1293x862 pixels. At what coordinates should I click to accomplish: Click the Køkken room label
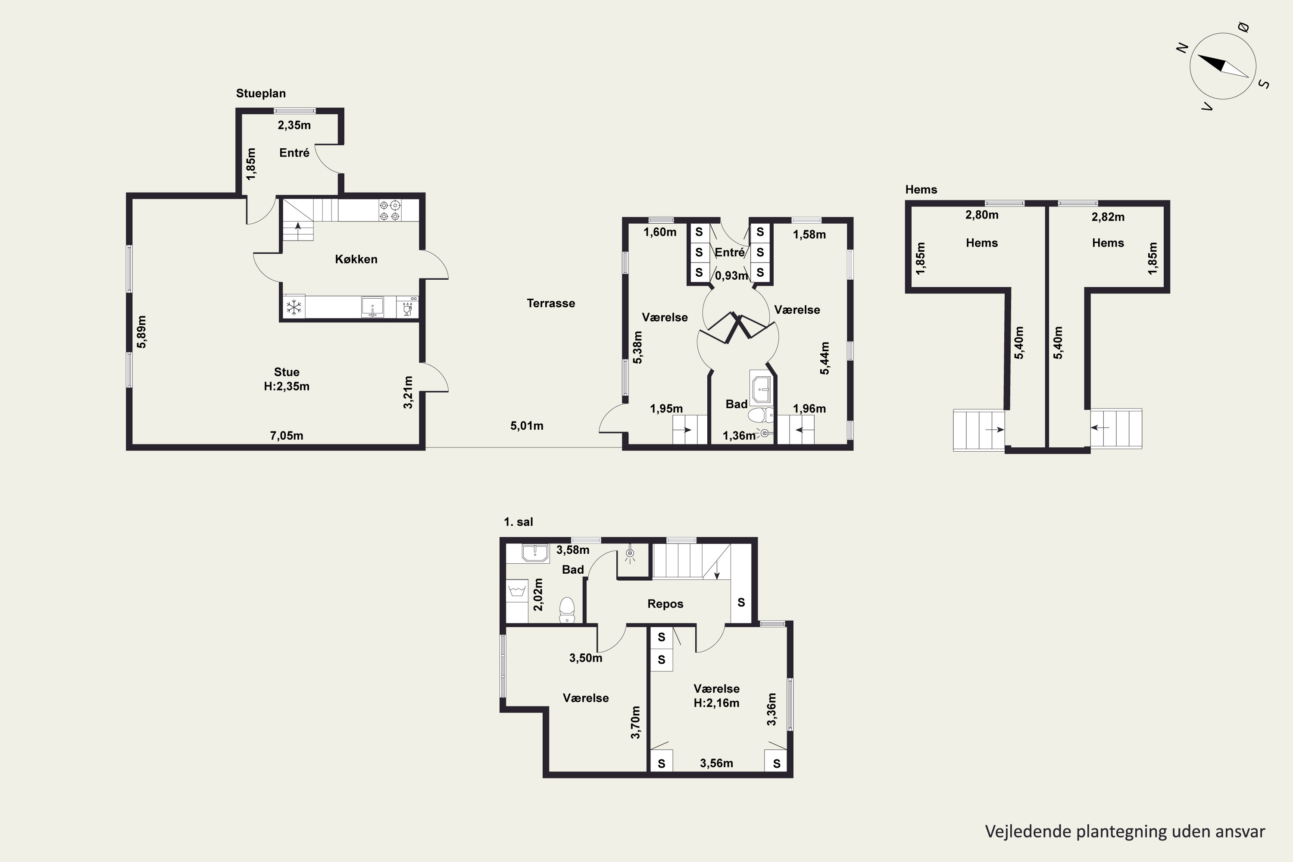pos(356,259)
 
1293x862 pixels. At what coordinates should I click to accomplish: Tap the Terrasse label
pos(551,303)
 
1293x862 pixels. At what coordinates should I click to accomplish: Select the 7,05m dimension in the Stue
pos(287,436)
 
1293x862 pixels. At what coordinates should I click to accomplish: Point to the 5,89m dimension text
pos(142,331)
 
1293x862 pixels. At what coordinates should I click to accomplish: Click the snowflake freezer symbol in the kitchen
pos(294,307)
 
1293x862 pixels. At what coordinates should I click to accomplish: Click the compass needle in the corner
pos(1223,66)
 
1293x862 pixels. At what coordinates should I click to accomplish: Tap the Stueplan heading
pos(261,94)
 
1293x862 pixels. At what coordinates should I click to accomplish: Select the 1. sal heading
pos(518,522)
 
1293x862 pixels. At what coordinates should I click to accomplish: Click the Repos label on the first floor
pos(665,604)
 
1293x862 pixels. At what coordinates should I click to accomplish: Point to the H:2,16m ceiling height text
pos(716,703)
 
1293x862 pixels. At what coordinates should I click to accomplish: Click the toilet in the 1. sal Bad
pos(567,610)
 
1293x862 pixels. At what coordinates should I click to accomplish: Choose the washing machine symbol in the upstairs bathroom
pos(517,591)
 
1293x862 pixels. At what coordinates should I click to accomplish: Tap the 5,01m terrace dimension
pos(527,425)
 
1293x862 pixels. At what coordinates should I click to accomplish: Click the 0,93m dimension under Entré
pos(731,275)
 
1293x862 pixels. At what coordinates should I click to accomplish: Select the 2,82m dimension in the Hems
pos(1108,217)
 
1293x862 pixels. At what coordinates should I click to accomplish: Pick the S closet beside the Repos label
pos(741,603)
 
